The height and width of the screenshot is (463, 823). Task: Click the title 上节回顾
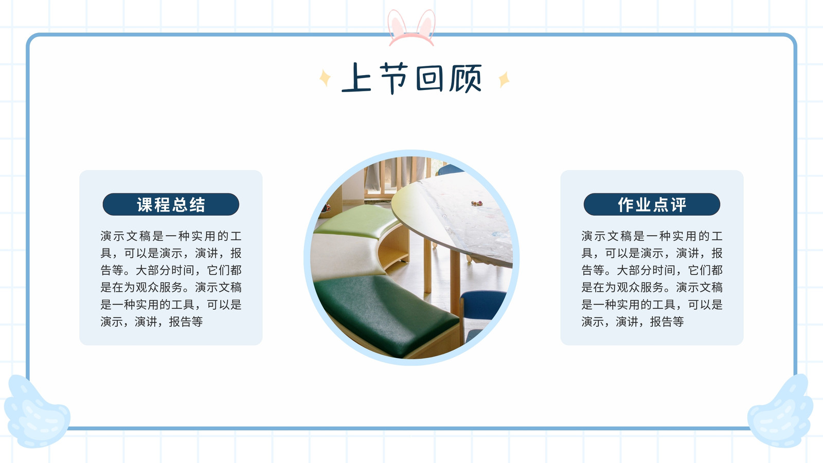pyautogui.click(x=411, y=78)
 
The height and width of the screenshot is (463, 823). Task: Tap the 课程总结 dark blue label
pyautogui.click(x=171, y=204)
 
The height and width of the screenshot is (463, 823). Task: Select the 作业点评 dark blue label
pyautogui.click(x=652, y=204)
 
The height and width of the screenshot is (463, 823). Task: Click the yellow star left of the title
pyautogui.click(x=325, y=78)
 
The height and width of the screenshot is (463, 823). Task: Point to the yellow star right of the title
pyautogui.click(x=504, y=79)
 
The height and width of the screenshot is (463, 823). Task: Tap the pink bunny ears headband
pyautogui.click(x=411, y=28)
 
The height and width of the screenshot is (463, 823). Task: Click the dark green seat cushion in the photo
pyautogui.click(x=386, y=312)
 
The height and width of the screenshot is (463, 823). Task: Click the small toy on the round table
pyautogui.click(x=476, y=203)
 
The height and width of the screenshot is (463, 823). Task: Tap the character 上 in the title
pyautogui.click(x=356, y=77)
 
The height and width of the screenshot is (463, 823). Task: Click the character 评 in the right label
pyautogui.click(x=677, y=205)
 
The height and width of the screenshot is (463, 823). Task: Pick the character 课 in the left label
pyautogui.click(x=146, y=205)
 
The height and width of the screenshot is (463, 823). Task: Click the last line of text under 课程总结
pyautogui.click(x=151, y=322)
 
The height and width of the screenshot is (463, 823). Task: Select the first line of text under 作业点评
pyautogui.click(x=652, y=236)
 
